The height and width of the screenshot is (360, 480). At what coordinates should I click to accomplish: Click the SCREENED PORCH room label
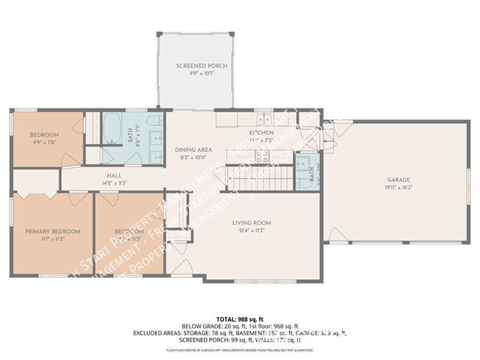coord(201,66)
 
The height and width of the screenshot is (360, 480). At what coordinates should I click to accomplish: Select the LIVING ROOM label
coord(253,222)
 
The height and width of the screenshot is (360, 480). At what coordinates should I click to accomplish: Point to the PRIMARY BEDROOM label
coord(52,231)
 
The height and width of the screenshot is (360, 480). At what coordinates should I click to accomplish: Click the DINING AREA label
coord(193,150)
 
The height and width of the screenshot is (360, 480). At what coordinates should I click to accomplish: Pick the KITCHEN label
coord(261,132)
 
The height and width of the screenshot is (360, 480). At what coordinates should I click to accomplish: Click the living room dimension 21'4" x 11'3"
coord(253,230)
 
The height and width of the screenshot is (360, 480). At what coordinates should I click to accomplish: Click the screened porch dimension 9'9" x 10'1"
coord(201,74)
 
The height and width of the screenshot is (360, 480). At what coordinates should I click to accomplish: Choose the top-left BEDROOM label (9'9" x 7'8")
coord(44,134)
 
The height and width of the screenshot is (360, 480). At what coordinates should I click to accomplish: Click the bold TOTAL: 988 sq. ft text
coord(240,318)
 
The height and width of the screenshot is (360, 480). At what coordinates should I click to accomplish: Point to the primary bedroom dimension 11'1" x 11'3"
coord(52,239)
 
